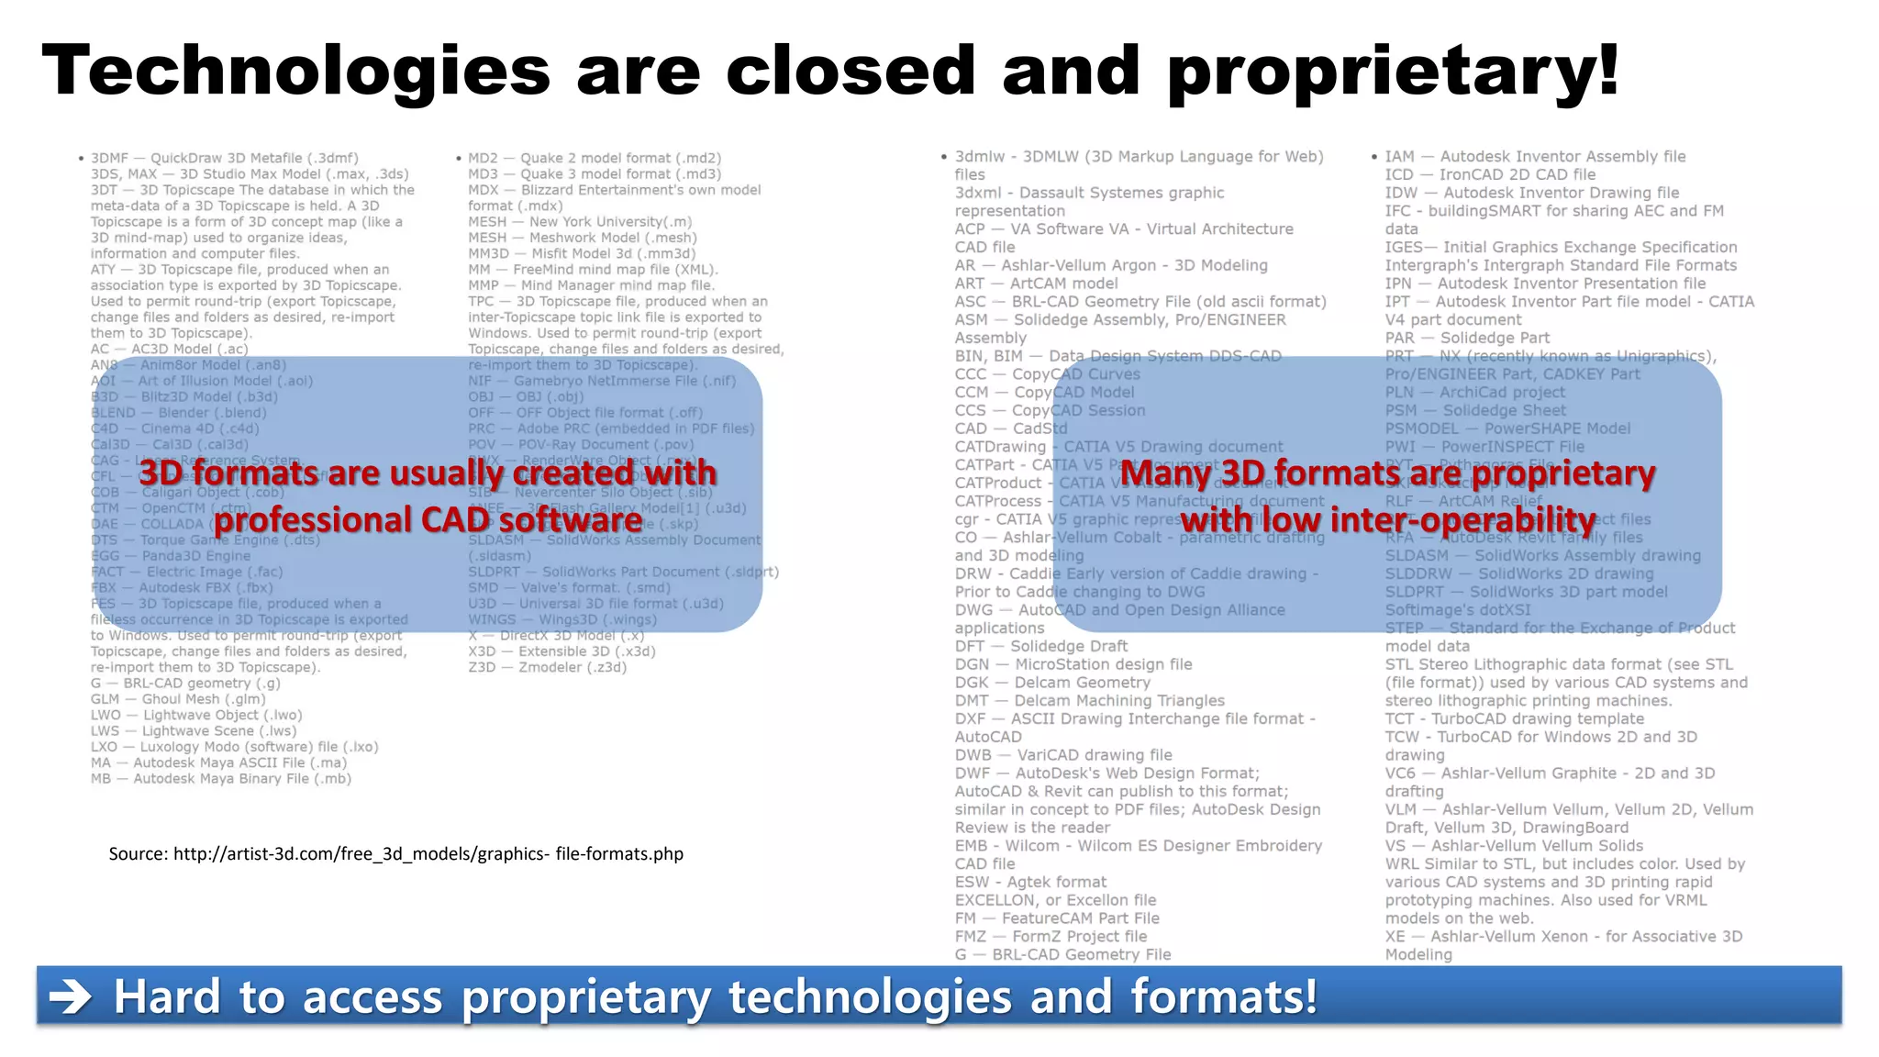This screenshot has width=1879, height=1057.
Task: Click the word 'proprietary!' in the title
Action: [x=1393, y=72]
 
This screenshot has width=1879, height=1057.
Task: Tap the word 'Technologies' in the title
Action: [x=295, y=72]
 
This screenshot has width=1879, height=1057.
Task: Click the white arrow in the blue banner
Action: [x=71, y=996]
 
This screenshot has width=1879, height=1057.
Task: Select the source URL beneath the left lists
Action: [x=395, y=854]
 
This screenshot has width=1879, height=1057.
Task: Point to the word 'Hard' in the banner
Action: [x=166, y=996]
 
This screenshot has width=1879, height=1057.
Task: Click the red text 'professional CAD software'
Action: [x=428, y=520]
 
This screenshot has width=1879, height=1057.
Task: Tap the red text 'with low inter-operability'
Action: [x=1387, y=520]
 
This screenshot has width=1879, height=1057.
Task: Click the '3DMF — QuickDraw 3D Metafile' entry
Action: [x=224, y=158]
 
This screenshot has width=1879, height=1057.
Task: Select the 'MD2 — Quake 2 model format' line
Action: [x=595, y=158]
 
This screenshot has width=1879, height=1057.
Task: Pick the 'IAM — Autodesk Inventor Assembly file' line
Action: [x=1535, y=157]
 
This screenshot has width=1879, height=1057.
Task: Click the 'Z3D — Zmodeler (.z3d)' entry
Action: [x=547, y=667]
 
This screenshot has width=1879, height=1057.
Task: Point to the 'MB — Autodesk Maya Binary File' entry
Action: [x=220, y=779]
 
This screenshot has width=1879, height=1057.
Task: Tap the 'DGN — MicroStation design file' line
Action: [x=1073, y=664]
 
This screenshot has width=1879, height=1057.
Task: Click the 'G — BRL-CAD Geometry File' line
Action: [x=1062, y=954]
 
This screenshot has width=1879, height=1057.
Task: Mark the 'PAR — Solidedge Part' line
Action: [x=1467, y=338]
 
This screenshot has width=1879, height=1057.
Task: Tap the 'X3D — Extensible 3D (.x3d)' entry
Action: [x=561, y=651]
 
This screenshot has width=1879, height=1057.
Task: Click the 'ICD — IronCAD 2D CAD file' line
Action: [x=1490, y=174]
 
